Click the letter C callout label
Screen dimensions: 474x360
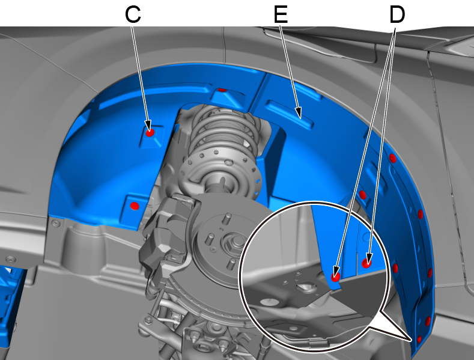(x=133, y=15)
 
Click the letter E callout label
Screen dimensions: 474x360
(x=281, y=15)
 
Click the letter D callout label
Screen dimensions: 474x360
(x=397, y=15)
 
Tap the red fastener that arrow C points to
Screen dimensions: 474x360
(x=150, y=132)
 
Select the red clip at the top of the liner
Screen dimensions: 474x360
(x=222, y=90)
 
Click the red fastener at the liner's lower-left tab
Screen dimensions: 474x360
(x=135, y=206)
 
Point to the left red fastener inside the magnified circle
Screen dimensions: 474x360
(x=336, y=276)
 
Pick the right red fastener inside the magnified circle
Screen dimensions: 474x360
(x=366, y=263)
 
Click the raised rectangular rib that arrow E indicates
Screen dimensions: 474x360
(x=290, y=114)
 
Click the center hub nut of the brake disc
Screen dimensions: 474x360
(x=235, y=241)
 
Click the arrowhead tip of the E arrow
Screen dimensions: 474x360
(x=300, y=118)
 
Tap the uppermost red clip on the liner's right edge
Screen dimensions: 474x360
(x=393, y=158)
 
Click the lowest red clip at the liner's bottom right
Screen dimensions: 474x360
(x=419, y=339)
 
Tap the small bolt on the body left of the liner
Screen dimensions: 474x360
(x=55, y=223)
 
